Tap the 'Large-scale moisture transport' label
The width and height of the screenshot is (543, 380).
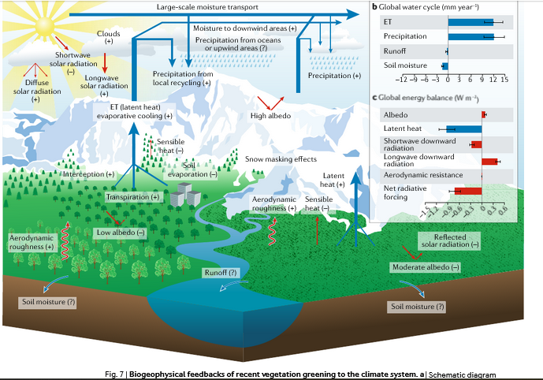click(x=205, y=7)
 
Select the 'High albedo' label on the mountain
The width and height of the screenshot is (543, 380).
click(x=271, y=116)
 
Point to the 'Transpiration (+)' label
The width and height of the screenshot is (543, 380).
click(x=133, y=196)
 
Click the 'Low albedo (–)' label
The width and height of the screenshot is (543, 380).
click(x=121, y=233)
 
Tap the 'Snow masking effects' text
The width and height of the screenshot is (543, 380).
click(x=275, y=158)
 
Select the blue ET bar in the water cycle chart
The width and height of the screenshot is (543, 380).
click(x=470, y=21)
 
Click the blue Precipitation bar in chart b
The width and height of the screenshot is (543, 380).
click(x=471, y=36)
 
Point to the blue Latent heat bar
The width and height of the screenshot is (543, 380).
click(x=464, y=129)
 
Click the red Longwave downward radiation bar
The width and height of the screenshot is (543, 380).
click(x=489, y=161)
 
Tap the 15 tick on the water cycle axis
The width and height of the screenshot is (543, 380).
click(x=504, y=80)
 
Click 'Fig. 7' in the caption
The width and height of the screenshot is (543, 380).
click(x=115, y=373)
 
